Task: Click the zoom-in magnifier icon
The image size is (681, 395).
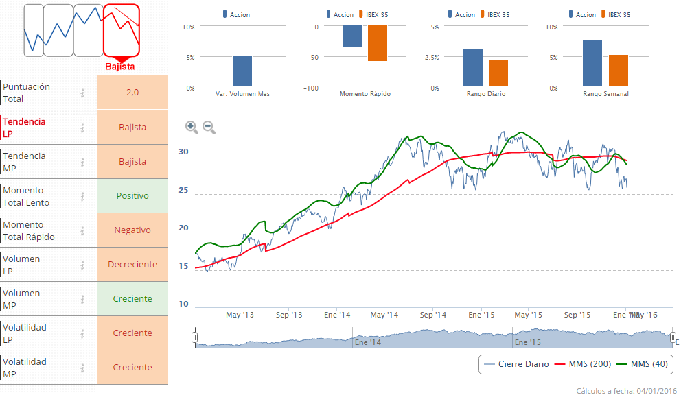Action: [x=192, y=127]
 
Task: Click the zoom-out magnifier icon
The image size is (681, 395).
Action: [x=209, y=127]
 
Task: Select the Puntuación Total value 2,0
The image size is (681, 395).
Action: [x=132, y=92]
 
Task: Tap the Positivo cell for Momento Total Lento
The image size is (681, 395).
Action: [x=132, y=195]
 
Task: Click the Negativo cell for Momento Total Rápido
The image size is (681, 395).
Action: [x=132, y=230]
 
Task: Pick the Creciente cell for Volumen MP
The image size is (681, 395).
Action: [x=132, y=298]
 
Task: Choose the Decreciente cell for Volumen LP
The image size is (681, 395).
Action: [x=132, y=264]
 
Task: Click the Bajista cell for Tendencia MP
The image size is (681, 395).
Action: [x=132, y=161]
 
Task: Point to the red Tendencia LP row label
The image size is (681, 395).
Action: [x=25, y=127]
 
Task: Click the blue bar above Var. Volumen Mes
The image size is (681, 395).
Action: [x=242, y=71]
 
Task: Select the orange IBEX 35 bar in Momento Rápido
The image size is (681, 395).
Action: [x=378, y=43]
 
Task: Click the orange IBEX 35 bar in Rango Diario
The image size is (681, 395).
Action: [x=498, y=73]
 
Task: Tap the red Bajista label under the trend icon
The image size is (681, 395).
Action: [x=120, y=67]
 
